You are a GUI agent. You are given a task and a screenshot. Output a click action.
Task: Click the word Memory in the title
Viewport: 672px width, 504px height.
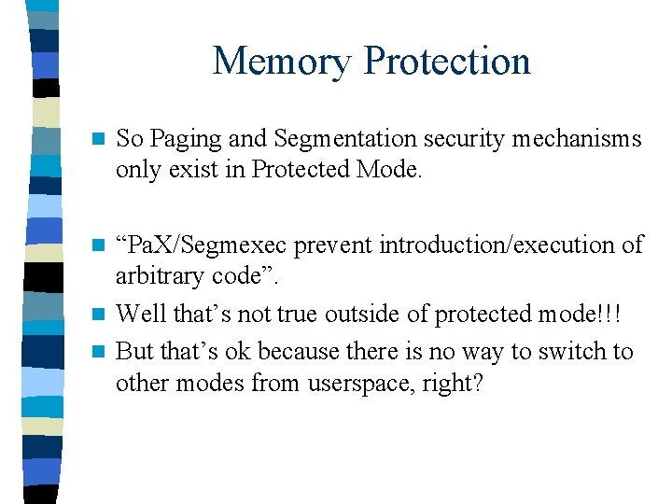pyautogui.click(x=282, y=62)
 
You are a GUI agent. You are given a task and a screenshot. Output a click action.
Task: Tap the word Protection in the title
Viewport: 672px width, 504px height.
pyautogui.click(x=447, y=62)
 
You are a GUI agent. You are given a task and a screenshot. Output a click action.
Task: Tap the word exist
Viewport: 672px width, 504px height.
pyautogui.click(x=198, y=172)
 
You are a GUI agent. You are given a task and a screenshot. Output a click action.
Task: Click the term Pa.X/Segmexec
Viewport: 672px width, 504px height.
pyautogui.click(x=217, y=245)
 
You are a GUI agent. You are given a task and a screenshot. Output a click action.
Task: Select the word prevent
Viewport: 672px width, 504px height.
pyautogui.click(x=363, y=245)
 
